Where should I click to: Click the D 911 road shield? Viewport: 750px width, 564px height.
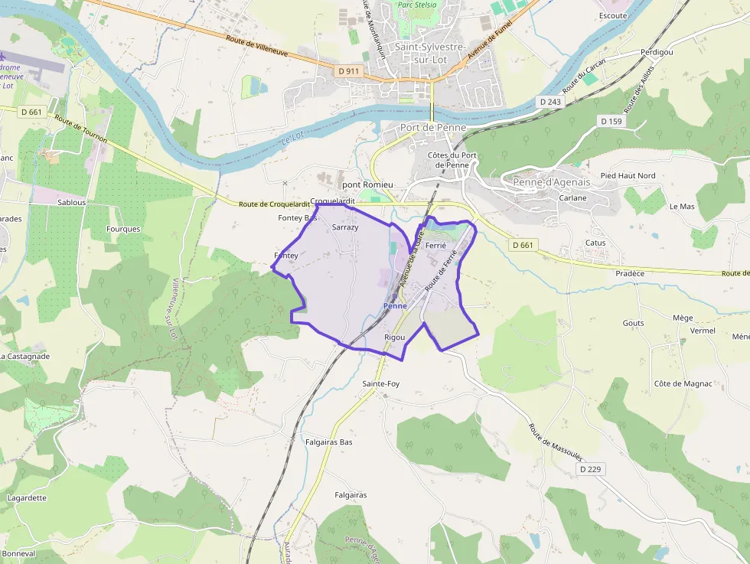point(348,71)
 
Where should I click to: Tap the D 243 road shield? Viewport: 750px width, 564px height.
point(549,102)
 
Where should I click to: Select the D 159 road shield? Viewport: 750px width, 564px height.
point(611,121)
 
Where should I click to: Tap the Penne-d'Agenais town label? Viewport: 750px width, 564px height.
point(551,182)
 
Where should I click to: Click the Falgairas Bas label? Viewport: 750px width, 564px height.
point(329,442)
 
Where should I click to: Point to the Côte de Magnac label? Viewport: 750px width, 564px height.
point(683,383)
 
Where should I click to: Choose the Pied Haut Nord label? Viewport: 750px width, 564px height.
point(628,176)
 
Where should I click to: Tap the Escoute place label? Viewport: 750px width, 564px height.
point(613,15)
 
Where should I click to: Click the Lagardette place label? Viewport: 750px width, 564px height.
point(27,498)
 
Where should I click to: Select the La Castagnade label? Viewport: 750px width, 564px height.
point(25,357)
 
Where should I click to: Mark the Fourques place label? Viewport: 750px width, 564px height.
point(123,229)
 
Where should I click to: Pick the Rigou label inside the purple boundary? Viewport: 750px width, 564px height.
point(395,337)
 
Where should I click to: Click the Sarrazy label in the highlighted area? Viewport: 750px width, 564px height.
point(346,228)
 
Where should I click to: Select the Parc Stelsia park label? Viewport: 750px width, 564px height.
point(416,5)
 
